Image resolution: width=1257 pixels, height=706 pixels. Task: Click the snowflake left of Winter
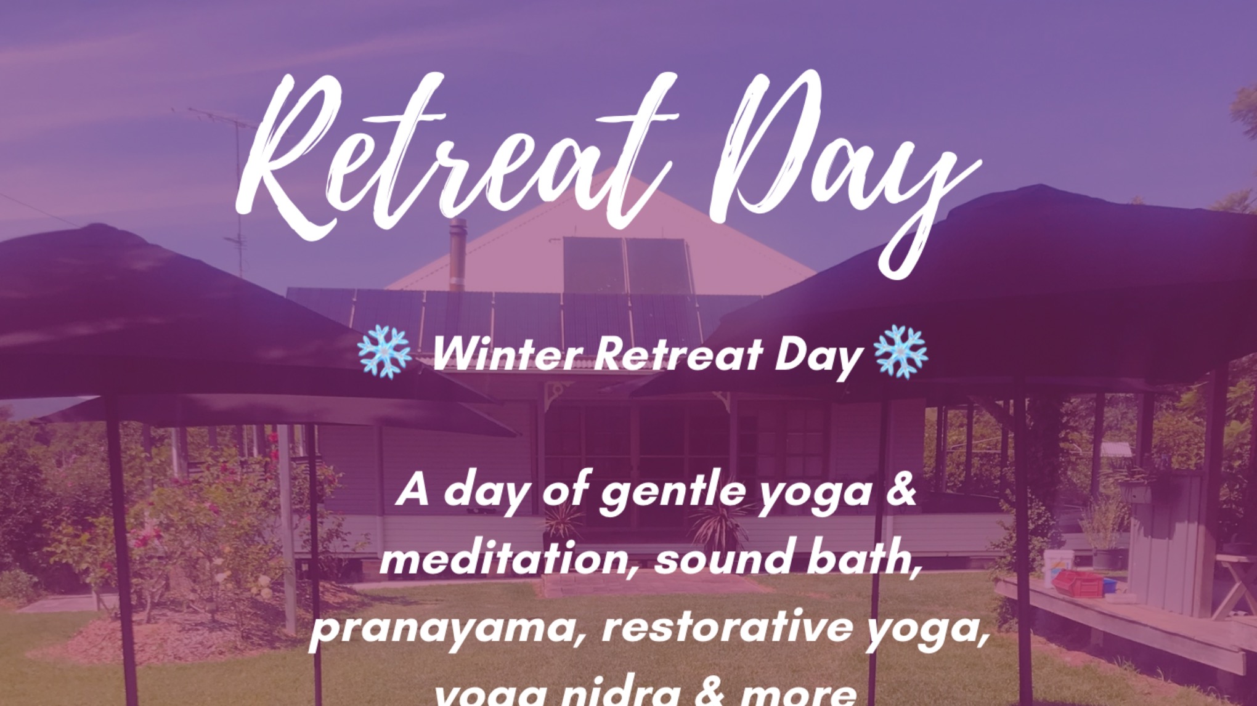point(384,352)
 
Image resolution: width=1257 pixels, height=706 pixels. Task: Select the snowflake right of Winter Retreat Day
point(901,352)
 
